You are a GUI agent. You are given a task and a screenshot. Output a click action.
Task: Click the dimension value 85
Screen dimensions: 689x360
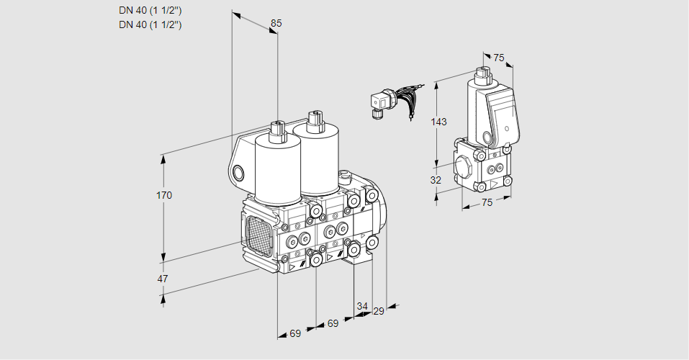[x=276, y=23]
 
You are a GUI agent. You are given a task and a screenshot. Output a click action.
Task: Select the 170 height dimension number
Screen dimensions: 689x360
[x=164, y=195]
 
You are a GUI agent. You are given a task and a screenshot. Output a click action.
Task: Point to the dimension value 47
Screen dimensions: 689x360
[x=163, y=279]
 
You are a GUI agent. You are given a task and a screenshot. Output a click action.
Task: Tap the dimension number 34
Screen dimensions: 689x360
[x=362, y=306]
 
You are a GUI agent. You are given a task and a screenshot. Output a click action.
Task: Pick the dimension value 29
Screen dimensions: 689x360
[x=378, y=311]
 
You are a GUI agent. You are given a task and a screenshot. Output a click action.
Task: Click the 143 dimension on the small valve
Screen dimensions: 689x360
[x=438, y=122]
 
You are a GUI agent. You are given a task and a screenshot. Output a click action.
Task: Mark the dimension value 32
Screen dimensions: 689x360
[x=436, y=180]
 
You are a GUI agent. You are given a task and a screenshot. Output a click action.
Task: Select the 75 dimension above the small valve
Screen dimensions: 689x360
[x=499, y=58]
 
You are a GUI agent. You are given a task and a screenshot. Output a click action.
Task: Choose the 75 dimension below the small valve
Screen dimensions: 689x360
[x=487, y=202]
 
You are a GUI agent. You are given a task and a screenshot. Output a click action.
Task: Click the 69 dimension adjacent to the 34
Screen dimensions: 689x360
[x=333, y=323]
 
